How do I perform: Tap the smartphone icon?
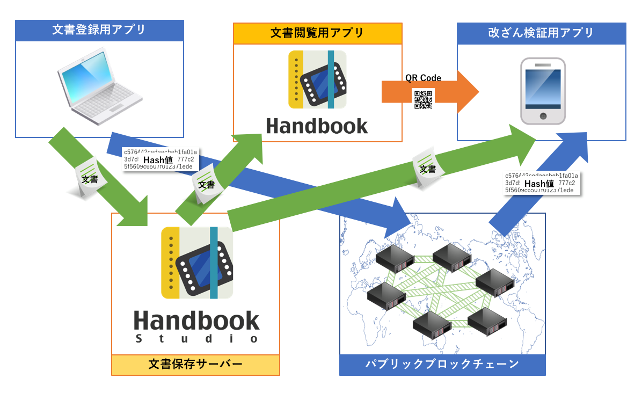543,91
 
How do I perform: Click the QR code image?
423,100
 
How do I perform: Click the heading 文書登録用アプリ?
99,30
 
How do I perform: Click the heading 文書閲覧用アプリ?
317,33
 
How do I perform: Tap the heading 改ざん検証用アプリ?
541,33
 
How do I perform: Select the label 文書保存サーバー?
195,365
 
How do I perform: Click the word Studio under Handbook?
196,339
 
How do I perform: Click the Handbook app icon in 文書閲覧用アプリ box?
317,79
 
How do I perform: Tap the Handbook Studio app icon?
197,263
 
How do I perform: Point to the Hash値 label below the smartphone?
542,183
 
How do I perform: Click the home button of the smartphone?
543,116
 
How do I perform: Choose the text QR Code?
423,78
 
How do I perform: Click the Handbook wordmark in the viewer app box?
317,126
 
